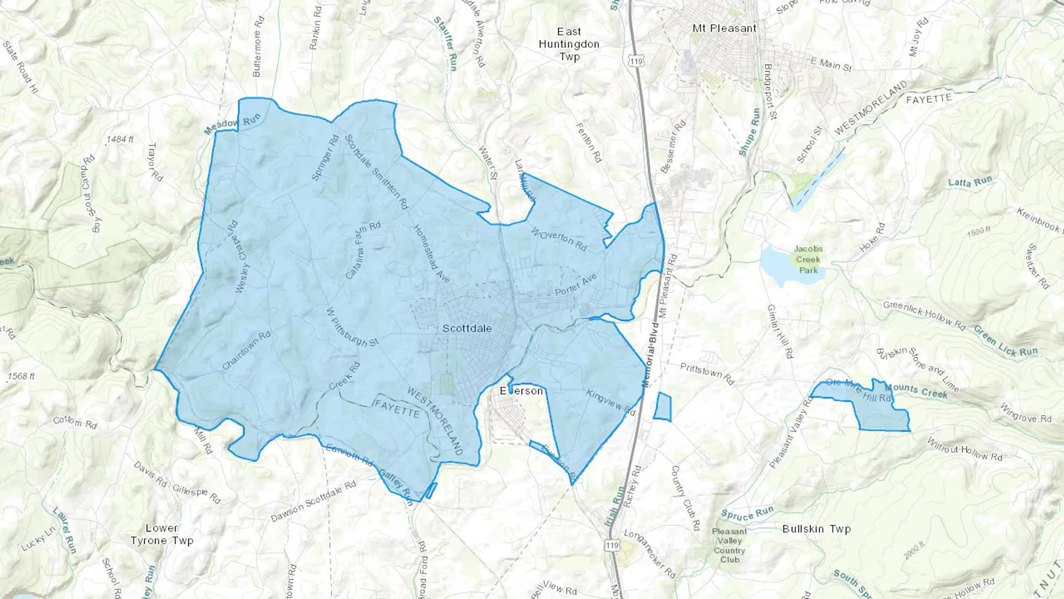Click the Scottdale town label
(x=467, y=328)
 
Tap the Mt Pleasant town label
(x=724, y=28)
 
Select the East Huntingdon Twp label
(x=569, y=44)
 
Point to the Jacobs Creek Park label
(x=808, y=260)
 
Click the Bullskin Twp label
(x=816, y=529)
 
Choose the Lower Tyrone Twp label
(x=161, y=534)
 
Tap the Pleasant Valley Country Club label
(x=729, y=545)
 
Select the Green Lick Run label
(x=1005, y=342)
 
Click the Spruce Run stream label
(x=747, y=514)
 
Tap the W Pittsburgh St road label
(x=352, y=326)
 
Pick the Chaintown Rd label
(x=246, y=350)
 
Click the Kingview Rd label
(x=611, y=402)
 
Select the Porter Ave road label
(x=576, y=285)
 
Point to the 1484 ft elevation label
(x=120, y=140)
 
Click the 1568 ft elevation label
(x=21, y=376)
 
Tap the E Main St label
(x=831, y=64)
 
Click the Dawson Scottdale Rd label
(x=313, y=502)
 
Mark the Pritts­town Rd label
(x=707, y=374)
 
